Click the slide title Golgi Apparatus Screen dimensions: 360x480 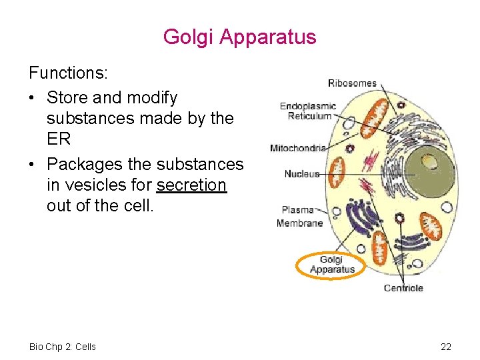(239, 37)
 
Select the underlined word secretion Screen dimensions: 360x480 (191, 185)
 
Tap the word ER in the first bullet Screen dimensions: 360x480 (59, 140)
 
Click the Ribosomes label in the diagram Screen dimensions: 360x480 (352, 83)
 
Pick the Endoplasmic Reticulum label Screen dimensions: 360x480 (309, 111)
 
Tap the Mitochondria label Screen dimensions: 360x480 (297, 147)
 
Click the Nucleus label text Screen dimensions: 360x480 (301, 174)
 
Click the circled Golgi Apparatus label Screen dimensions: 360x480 (331, 265)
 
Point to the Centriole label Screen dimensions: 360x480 (403, 288)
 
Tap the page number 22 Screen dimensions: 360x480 (446, 347)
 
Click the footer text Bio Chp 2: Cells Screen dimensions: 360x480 (63, 347)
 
